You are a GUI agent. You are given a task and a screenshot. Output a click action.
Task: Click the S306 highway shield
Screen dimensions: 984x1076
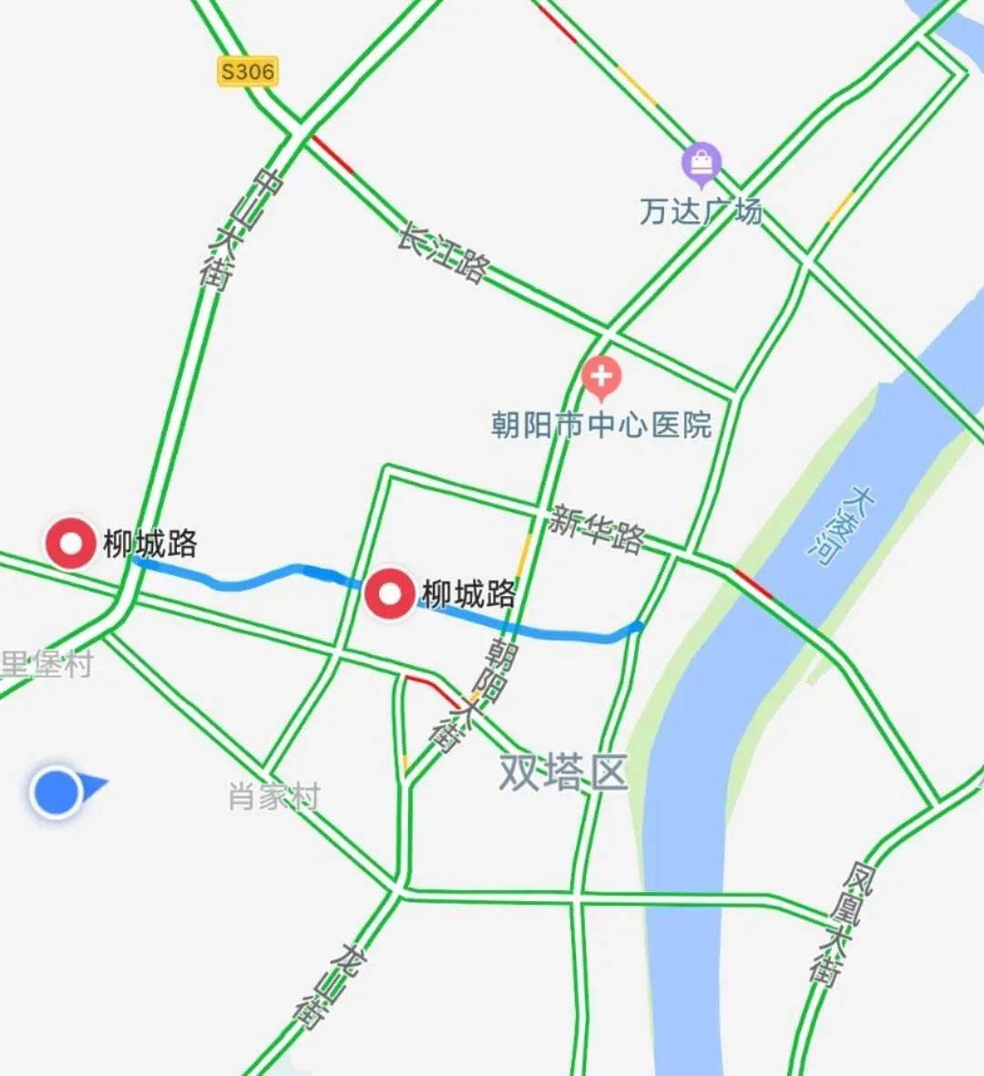click(247, 71)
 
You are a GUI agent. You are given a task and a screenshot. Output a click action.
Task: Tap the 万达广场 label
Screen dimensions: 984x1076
click(701, 211)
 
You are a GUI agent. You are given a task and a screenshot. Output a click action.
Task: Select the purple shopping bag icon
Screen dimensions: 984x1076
click(702, 164)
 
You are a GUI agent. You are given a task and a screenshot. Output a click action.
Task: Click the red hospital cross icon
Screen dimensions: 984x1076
click(601, 376)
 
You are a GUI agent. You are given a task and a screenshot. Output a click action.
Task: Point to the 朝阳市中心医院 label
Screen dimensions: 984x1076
click(601, 425)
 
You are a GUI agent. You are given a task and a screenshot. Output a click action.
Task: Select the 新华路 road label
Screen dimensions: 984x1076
click(597, 528)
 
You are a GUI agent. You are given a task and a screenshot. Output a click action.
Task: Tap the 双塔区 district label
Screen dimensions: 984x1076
click(563, 773)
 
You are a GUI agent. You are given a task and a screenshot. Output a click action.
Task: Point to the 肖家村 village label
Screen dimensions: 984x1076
click(274, 797)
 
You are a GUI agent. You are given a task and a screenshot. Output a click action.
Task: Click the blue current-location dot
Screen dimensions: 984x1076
click(57, 792)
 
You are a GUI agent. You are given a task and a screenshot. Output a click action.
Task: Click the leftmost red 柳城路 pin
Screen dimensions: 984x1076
click(71, 544)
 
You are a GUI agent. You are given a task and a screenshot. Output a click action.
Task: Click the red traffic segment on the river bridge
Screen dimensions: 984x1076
click(753, 584)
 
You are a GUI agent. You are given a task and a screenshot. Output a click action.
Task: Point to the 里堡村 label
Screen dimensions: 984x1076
click(46, 664)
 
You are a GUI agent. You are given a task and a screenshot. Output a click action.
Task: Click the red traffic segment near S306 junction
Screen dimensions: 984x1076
click(332, 154)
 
